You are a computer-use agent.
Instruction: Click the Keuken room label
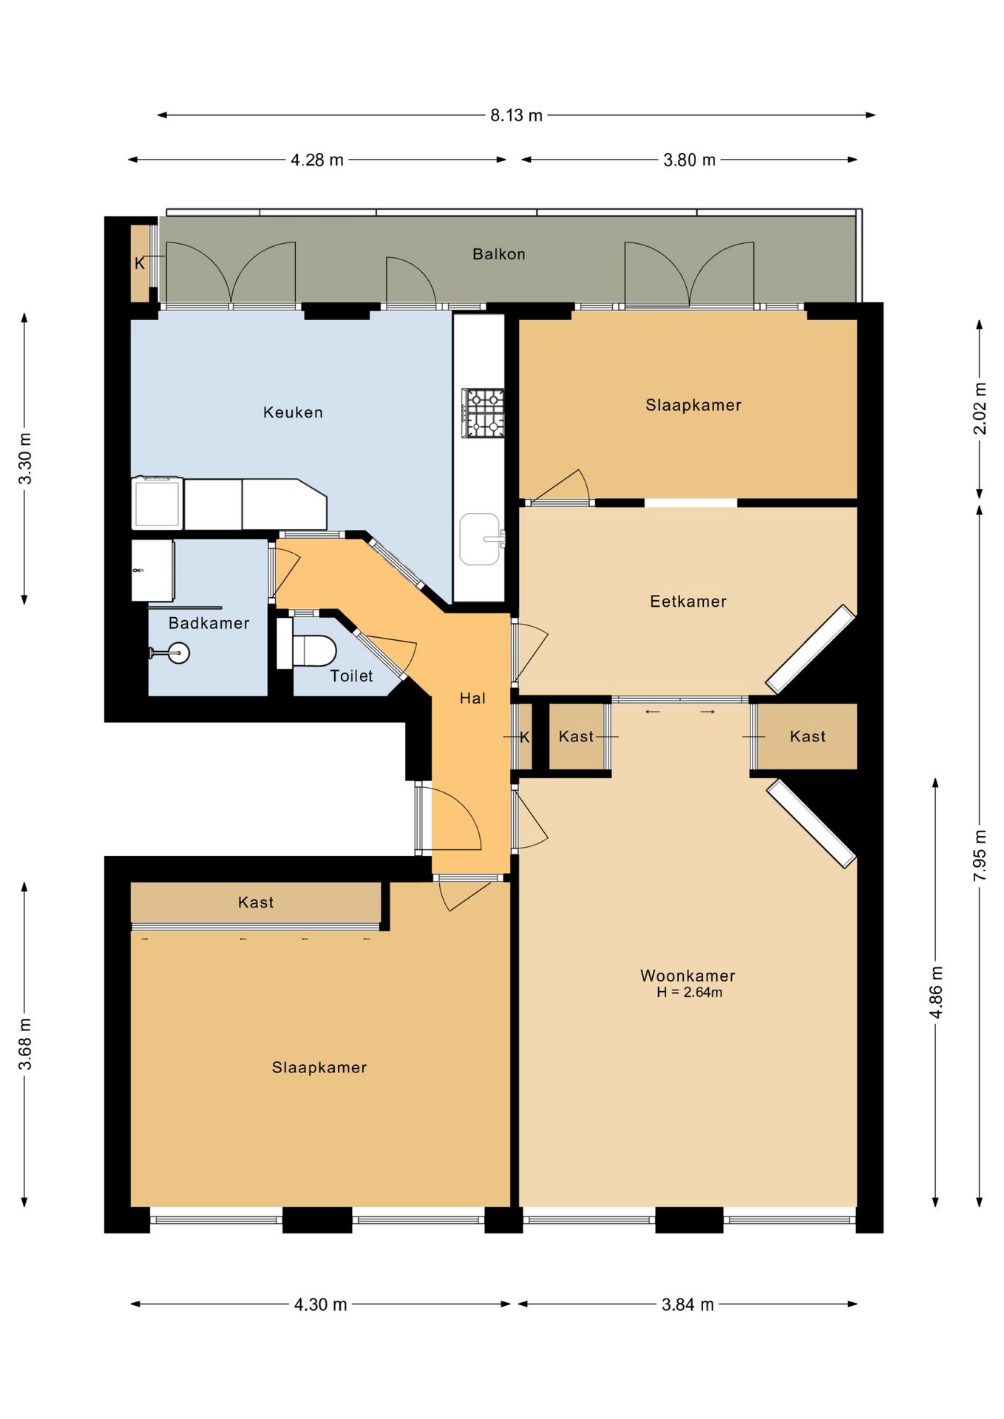(293, 412)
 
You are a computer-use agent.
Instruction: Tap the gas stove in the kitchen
(484, 412)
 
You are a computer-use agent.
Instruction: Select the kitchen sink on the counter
(481, 540)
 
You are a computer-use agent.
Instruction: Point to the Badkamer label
(208, 623)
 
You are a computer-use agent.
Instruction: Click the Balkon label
(499, 254)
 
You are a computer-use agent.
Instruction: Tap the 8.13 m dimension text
(516, 115)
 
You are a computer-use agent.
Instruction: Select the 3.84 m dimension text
(688, 1304)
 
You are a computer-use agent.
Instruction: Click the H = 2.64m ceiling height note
(689, 993)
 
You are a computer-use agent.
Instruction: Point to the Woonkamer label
(688, 976)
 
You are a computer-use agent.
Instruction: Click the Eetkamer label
(688, 602)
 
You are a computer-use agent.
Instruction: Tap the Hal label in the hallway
(472, 698)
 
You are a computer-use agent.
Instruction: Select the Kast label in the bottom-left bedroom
(256, 902)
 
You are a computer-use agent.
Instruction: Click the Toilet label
(351, 676)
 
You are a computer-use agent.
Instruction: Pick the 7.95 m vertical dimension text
(980, 855)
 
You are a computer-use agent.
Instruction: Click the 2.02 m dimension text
(980, 408)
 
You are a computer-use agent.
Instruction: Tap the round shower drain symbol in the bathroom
(178, 653)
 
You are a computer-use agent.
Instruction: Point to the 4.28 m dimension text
(316, 160)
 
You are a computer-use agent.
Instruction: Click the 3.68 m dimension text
(25, 1044)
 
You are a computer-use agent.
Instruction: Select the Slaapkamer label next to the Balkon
(693, 405)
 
